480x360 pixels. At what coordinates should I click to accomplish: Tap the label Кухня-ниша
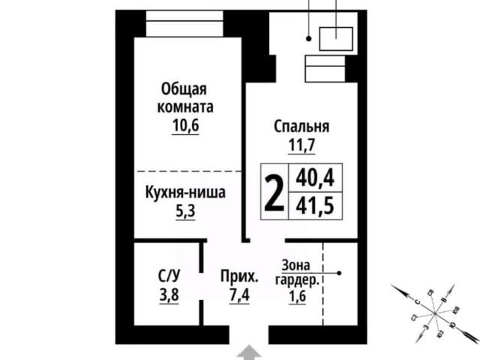(x=184, y=192)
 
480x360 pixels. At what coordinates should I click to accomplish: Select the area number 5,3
(x=184, y=211)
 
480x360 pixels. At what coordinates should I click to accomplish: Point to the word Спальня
(x=301, y=127)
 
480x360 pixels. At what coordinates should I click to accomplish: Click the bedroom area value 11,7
(x=301, y=145)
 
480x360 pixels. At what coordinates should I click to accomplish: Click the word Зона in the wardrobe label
(x=296, y=265)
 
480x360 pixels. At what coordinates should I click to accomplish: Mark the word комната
(x=184, y=107)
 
